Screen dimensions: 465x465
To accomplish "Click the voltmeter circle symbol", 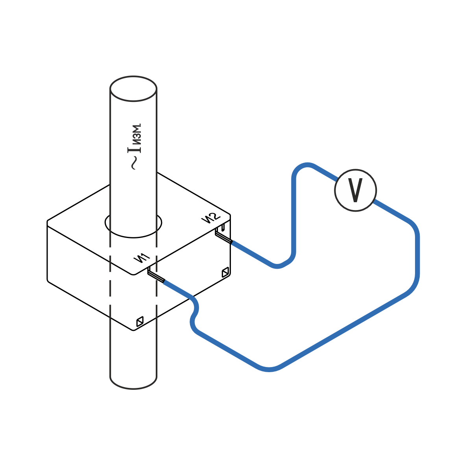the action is (x=355, y=190).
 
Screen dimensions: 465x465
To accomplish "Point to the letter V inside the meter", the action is (x=356, y=191).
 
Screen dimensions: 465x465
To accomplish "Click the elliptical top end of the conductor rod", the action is (x=133, y=89).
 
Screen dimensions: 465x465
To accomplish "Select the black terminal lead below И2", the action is (x=223, y=236).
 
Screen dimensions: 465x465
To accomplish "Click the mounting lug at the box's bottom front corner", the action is (x=140, y=321).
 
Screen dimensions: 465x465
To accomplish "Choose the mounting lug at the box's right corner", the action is (x=225, y=272).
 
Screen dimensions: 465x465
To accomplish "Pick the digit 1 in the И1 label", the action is (x=145, y=256).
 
